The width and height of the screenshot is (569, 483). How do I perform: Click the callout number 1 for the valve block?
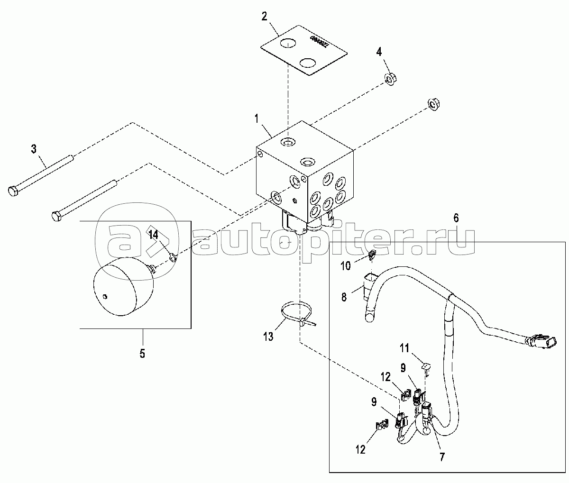[256, 118]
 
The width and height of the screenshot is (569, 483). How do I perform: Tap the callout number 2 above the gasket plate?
[264, 17]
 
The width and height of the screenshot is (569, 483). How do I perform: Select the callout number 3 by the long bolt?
[34, 149]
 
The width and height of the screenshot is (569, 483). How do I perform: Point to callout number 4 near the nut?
[379, 51]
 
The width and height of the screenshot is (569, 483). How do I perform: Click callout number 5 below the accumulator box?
[142, 353]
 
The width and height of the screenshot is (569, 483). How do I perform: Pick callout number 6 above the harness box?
[456, 218]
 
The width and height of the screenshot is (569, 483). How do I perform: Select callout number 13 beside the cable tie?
[268, 337]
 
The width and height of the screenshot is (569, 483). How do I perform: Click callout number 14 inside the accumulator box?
[154, 235]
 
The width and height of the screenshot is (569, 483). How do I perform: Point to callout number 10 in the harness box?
[346, 266]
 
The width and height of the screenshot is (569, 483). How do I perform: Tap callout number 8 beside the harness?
[344, 297]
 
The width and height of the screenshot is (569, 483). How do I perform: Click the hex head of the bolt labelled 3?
[13, 191]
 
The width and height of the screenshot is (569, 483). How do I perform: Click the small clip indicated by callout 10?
[372, 255]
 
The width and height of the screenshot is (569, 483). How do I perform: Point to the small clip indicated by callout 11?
[426, 366]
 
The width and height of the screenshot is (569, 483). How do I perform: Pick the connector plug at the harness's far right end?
[541, 341]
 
